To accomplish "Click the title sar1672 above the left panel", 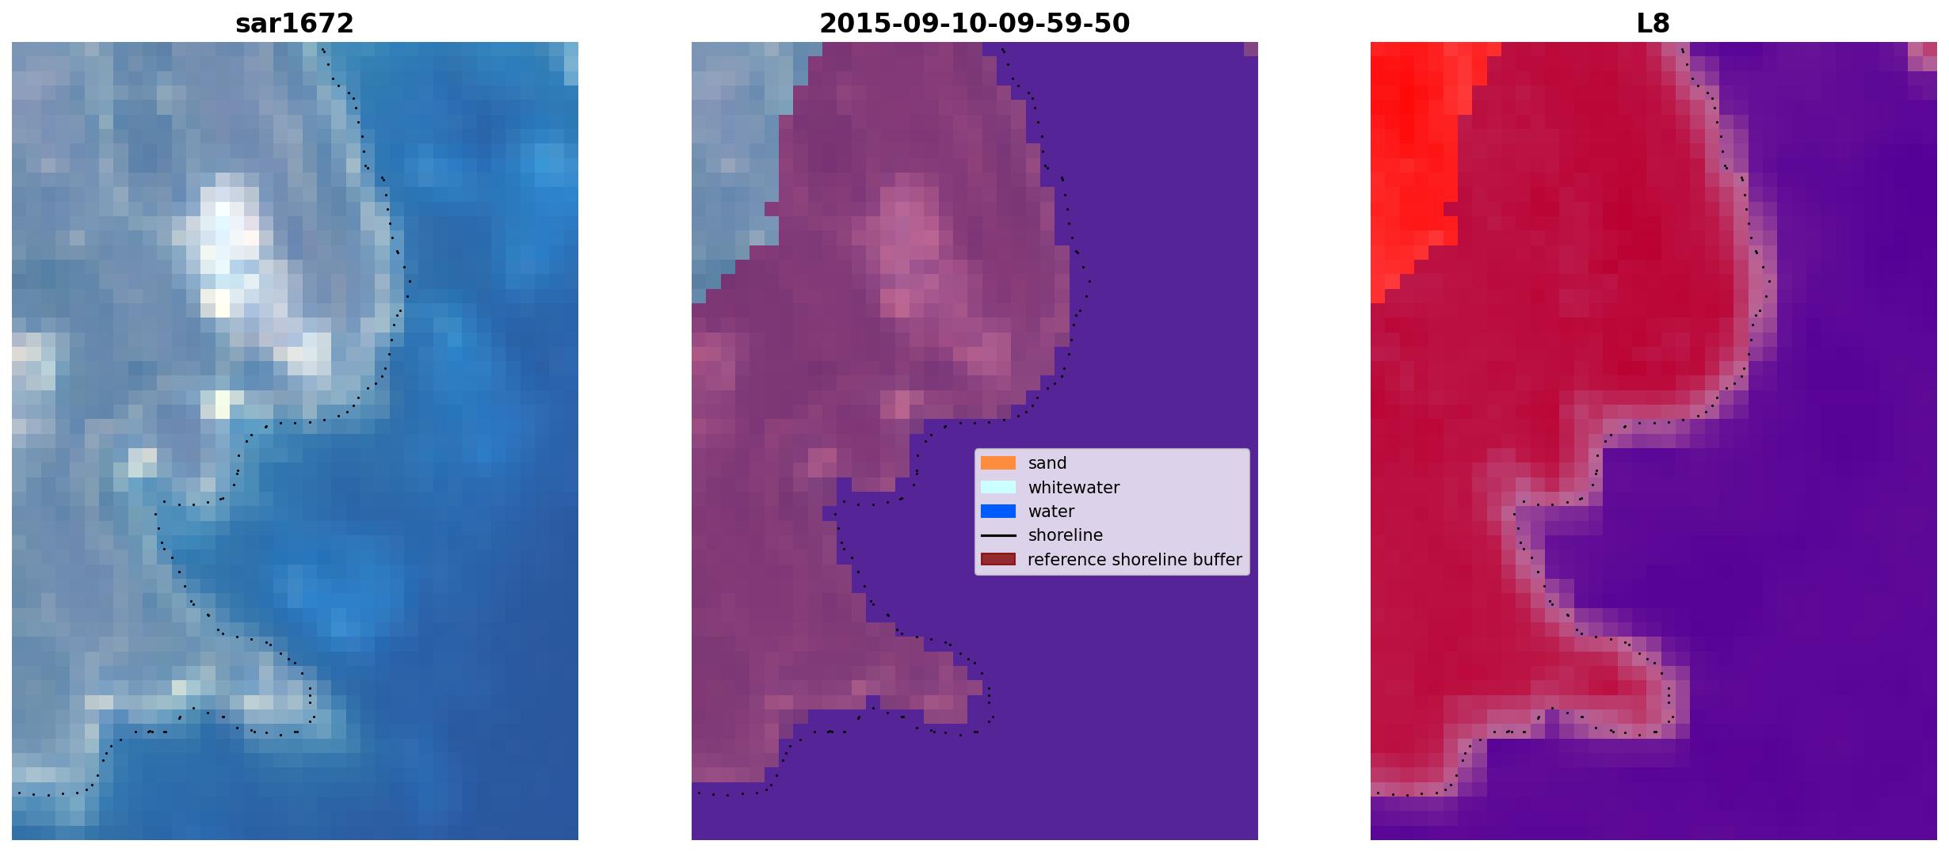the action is (x=294, y=24).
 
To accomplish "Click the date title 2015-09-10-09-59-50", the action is (x=974, y=24).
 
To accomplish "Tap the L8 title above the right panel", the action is (x=1653, y=24).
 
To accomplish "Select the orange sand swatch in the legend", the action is (x=997, y=463).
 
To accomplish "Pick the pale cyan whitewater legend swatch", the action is (x=997, y=487).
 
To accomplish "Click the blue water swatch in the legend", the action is (x=997, y=512).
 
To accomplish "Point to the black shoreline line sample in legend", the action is (x=997, y=535).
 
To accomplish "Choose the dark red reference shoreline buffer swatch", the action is (x=997, y=559).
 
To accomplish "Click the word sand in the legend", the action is (x=1047, y=463).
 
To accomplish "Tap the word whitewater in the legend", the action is (x=1074, y=488).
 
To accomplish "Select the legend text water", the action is (x=1051, y=512).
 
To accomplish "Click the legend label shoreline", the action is (x=1066, y=535).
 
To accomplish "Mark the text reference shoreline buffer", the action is (x=1135, y=560).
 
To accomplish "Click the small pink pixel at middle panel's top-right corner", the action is (x=1251, y=49).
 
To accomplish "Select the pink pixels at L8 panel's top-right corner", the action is (x=1923, y=55).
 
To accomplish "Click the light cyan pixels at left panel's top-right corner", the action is (x=570, y=63).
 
